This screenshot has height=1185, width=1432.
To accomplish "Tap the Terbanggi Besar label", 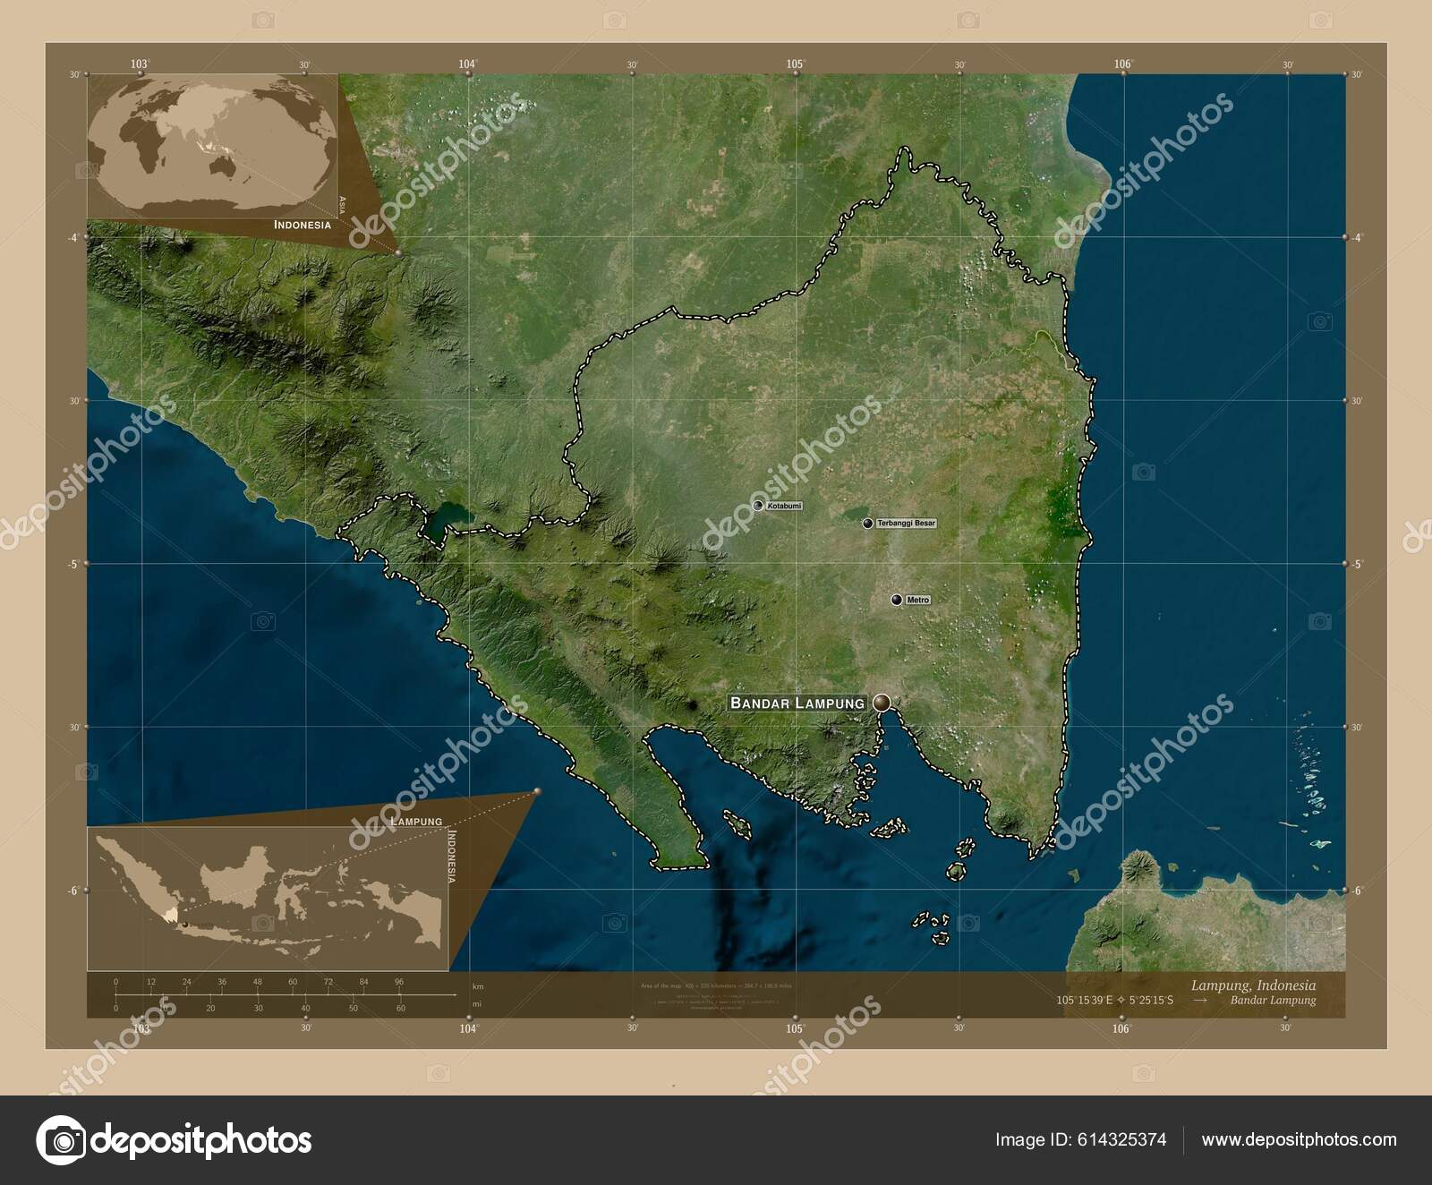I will (x=906, y=523).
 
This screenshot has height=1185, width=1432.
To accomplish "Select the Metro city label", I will (x=917, y=600).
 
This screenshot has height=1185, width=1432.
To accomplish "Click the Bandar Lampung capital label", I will (x=797, y=703).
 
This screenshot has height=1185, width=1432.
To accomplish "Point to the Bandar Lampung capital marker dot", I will (x=882, y=703).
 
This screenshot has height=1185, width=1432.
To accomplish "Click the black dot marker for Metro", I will (x=897, y=600).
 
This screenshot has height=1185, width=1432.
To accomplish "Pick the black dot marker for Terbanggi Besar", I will (x=867, y=524).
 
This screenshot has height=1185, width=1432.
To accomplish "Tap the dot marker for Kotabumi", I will (x=758, y=506).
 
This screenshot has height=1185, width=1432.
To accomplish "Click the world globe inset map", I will (x=215, y=143).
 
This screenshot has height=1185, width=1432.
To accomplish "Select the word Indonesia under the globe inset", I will (x=302, y=226).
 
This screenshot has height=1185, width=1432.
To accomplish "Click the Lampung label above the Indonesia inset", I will (x=416, y=821).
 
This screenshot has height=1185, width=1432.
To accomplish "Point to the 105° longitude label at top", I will (x=795, y=64).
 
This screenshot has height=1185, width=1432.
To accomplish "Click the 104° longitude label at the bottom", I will (x=468, y=1029).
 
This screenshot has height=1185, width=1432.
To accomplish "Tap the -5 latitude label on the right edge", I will (x=1357, y=564).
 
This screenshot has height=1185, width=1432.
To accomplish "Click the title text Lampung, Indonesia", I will (x=1253, y=985).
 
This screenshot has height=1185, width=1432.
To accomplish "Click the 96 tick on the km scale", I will (x=399, y=982).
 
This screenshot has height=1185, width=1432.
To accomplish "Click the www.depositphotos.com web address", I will (x=1300, y=1139).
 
